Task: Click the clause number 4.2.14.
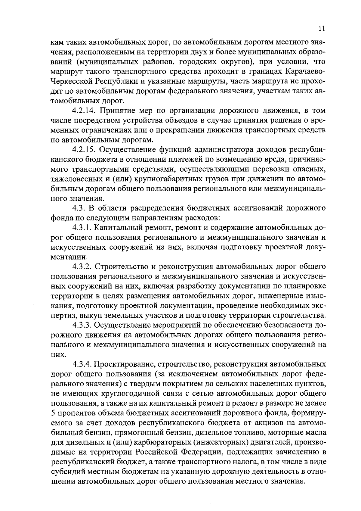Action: (x=84, y=111)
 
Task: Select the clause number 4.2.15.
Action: (x=84, y=150)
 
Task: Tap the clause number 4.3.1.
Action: (x=82, y=228)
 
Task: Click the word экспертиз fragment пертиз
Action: (x=62, y=316)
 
